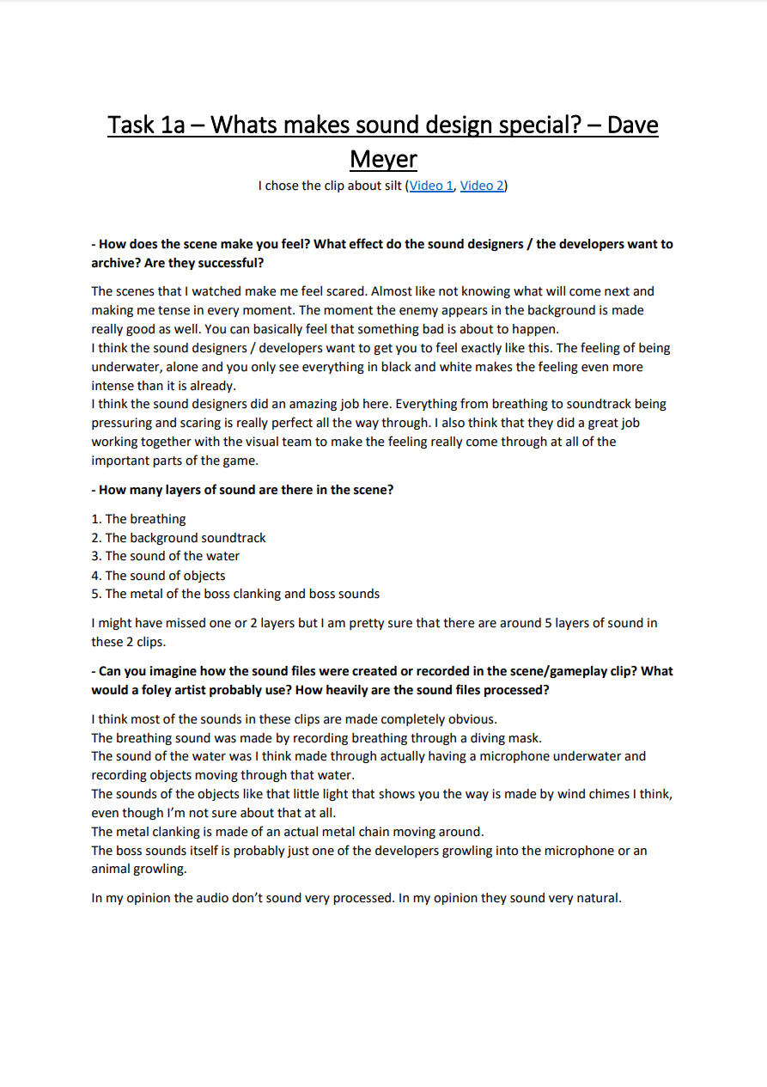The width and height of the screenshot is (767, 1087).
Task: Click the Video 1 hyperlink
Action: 431,186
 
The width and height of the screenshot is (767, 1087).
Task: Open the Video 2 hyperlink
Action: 482,186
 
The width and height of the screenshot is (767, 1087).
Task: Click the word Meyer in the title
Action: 383,159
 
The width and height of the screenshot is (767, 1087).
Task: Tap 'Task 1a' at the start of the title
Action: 146,125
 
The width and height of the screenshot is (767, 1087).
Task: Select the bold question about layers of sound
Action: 242,490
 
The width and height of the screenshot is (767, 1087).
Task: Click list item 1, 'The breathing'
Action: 138,519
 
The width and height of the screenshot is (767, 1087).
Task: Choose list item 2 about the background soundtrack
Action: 179,538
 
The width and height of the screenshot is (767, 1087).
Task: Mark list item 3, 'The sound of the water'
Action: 166,556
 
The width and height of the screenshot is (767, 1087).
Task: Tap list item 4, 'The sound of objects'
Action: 159,576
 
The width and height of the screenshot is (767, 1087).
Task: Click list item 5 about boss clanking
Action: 235,594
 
